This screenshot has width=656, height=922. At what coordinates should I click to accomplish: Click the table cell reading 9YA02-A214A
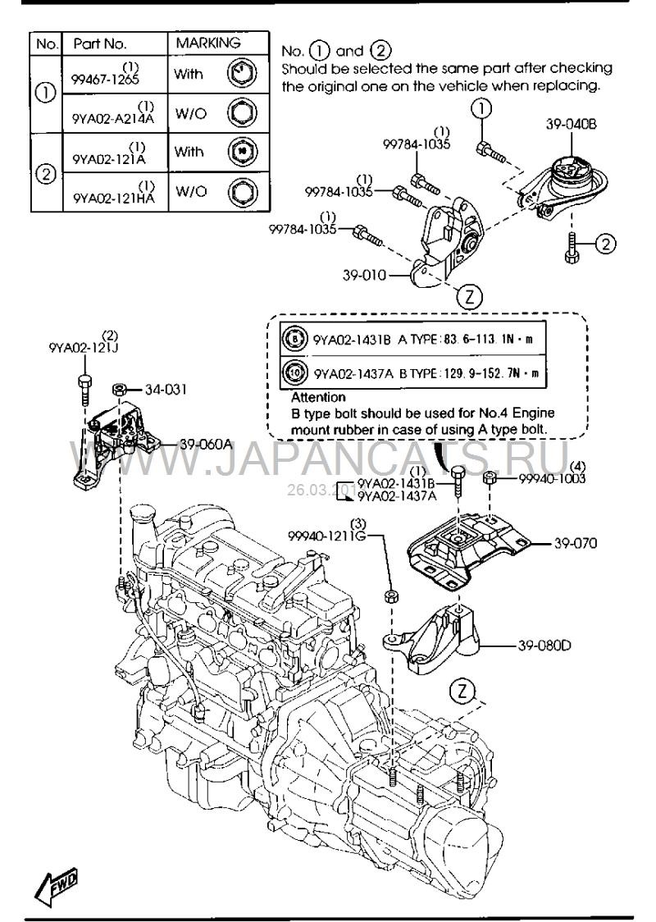click(x=113, y=116)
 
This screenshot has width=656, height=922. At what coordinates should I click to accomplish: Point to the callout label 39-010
click(x=365, y=276)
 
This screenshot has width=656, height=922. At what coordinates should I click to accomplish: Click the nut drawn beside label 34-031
click(x=118, y=388)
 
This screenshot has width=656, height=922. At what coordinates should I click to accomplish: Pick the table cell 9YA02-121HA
click(x=113, y=197)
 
